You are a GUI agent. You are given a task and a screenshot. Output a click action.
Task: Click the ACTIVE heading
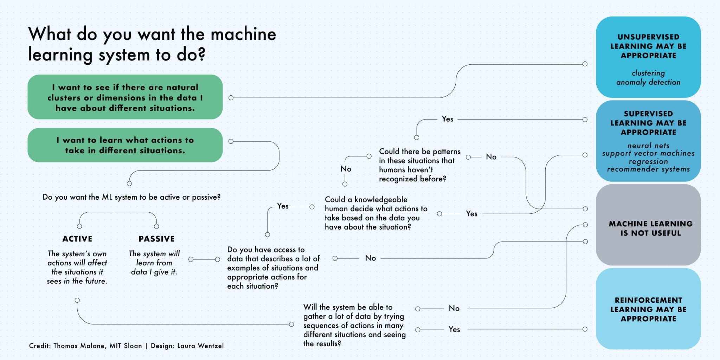click(x=77, y=239)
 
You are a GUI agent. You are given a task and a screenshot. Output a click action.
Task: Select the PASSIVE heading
click(x=156, y=239)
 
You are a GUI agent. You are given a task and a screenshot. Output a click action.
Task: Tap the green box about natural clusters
click(x=125, y=97)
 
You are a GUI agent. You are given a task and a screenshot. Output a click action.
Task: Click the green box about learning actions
click(x=125, y=145)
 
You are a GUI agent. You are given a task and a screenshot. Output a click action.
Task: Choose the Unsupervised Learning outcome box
click(x=648, y=57)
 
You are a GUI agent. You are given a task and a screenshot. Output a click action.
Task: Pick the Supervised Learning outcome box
click(x=648, y=141)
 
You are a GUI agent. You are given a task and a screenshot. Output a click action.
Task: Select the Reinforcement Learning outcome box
click(x=648, y=309)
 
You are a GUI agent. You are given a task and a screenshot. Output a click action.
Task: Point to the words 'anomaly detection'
click(x=648, y=82)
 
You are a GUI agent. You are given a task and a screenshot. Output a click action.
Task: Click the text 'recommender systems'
click(x=648, y=169)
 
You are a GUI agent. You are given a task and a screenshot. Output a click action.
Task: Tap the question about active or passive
click(x=131, y=197)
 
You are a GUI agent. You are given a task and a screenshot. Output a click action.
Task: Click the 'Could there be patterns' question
click(x=419, y=165)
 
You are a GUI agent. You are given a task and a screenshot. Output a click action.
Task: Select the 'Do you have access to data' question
click(x=273, y=268)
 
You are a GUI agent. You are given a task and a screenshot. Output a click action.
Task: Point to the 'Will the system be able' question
click(x=354, y=325)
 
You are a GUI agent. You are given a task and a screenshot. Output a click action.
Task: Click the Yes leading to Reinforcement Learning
click(x=454, y=329)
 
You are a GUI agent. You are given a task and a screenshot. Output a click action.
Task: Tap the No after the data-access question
click(x=370, y=258)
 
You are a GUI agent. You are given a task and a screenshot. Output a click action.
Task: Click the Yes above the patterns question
click(x=447, y=119)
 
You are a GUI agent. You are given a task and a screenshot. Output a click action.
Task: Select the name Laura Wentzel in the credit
click(x=200, y=346)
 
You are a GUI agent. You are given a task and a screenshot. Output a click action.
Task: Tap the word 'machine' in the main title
click(x=243, y=34)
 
